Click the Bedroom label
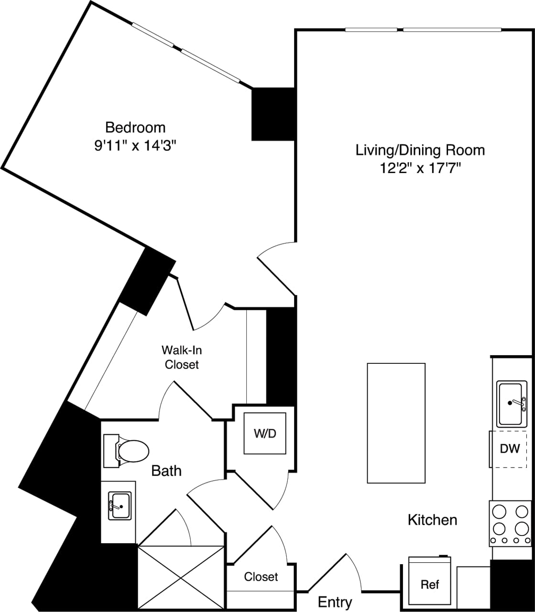[135, 128]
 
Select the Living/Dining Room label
[420, 150]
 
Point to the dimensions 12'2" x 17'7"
[420, 168]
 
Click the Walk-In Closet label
[181, 357]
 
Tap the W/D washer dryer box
[265, 434]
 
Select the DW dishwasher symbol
[510, 449]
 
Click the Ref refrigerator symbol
[429, 584]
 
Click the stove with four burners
[510, 523]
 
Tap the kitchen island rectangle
[396, 423]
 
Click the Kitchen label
[432, 520]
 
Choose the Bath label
[166, 471]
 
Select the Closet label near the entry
[261, 577]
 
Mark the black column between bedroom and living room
[273, 114]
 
